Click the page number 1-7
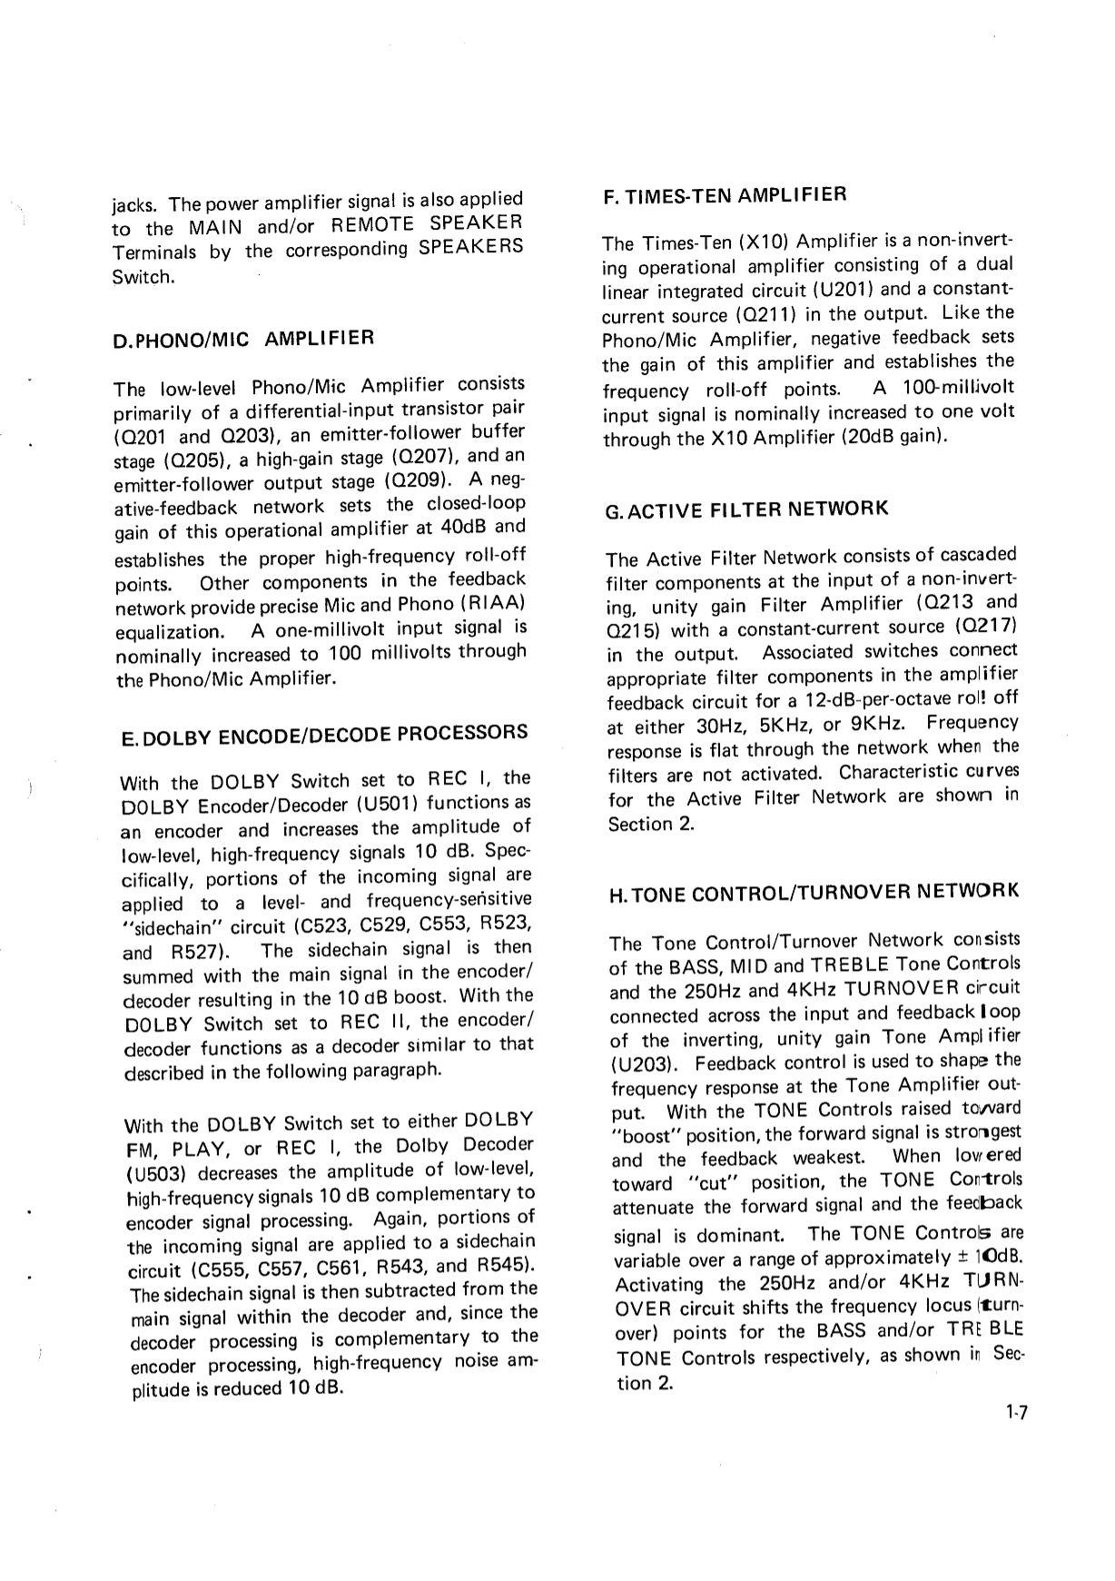click(1015, 1413)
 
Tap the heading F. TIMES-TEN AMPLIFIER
click(725, 195)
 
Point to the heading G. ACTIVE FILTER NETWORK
click(746, 509)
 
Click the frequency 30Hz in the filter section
click(715, 726)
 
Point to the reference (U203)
click(643, 1064)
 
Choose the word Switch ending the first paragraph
click(142, 277)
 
